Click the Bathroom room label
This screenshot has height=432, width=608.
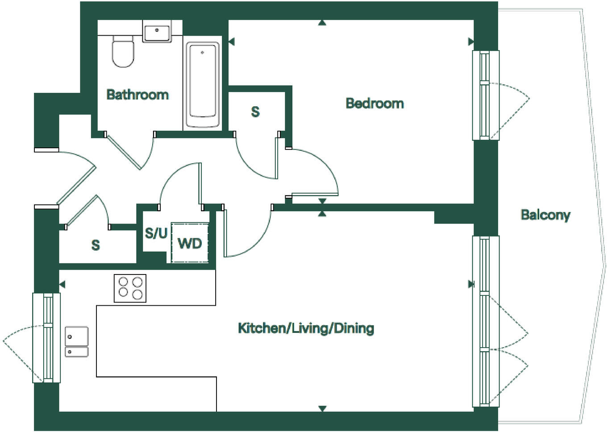(137, 95)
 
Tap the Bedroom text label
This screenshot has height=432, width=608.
(375, 104)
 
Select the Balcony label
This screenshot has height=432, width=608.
(545, 215)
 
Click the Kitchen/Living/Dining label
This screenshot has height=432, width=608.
(306, 328)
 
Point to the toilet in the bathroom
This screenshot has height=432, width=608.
(123, 51)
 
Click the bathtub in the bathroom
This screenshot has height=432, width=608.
(202, 85)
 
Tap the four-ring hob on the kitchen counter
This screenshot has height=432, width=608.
(130, 288)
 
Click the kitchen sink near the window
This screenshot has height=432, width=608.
(76, 342)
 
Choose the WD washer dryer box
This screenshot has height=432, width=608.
(190, 243)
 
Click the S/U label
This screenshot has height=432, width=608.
(156, 233)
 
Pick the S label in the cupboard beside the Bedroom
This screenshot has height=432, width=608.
(255, 112)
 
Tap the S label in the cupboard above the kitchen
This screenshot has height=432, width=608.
(96, 245)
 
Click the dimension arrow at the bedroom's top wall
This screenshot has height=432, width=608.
(322, 23)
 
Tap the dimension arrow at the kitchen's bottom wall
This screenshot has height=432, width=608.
(322, 408)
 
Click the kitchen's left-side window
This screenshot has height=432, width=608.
(46, 337)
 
